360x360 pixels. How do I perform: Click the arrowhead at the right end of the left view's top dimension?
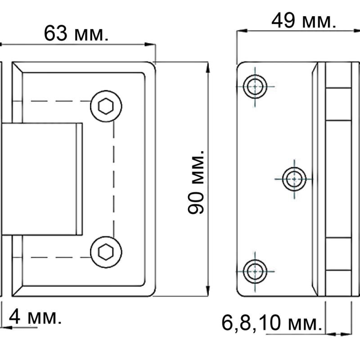click(148, 44)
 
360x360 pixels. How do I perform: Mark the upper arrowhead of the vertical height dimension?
click(207, 68)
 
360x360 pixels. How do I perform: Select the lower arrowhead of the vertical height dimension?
click(207, 288)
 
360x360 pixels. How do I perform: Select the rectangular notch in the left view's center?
click(43, 179)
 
